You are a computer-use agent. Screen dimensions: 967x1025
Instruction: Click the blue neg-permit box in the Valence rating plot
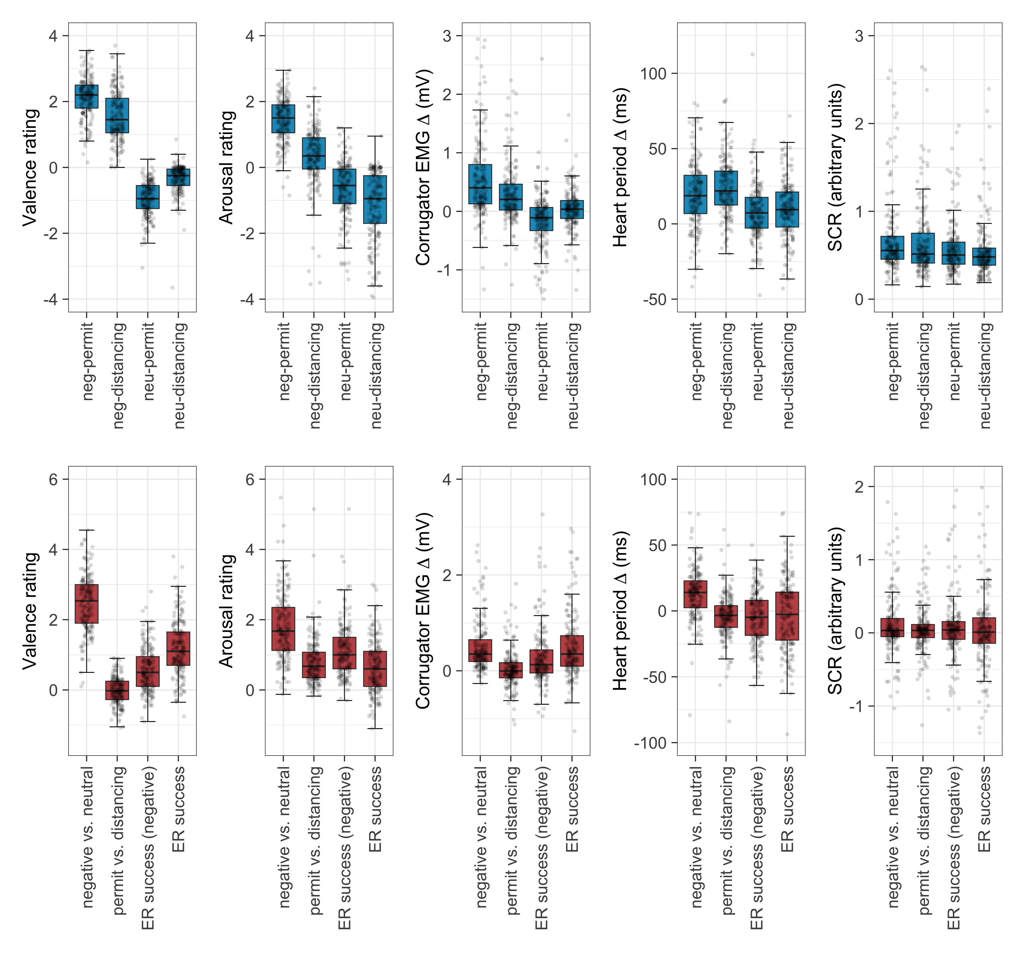click(x=87, y=96)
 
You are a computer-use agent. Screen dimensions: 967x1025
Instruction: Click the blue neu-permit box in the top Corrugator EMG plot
click(x=541, y=219)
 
